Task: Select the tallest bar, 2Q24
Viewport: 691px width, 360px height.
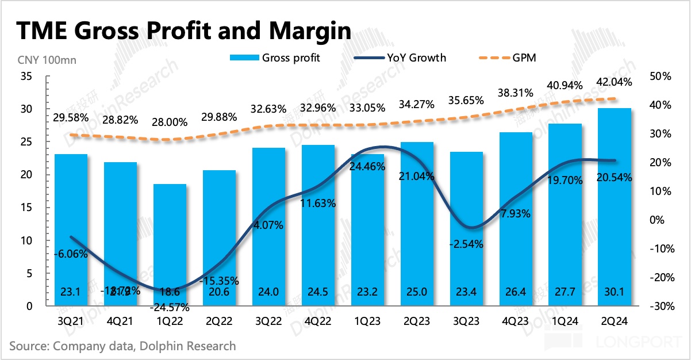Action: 615,207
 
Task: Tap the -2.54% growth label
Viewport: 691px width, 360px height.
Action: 466,244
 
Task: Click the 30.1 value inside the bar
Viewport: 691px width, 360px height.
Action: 615,292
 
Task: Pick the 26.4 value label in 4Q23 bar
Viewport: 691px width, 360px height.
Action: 516,292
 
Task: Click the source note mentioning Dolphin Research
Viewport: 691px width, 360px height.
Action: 122,346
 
